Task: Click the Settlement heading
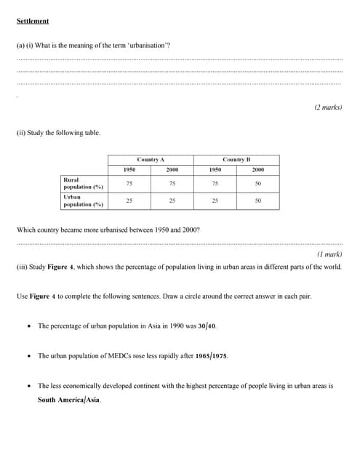click(33, 21)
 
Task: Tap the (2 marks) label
click(328, 107)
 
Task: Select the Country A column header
click(151, 159)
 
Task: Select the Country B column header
click(236, 159)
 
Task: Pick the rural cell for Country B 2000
click(258, 183)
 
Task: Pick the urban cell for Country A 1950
click(129, 201)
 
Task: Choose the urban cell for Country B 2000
click(258, 201)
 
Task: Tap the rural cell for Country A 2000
click(172, 183)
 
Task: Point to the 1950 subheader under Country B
click(215, 169)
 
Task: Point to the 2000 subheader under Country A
click(172, 169)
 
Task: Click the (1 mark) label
click(329, 254)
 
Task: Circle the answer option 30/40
click(207, 326)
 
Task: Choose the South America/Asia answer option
click(69, 400)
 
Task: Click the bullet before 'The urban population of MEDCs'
click(28, 356)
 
